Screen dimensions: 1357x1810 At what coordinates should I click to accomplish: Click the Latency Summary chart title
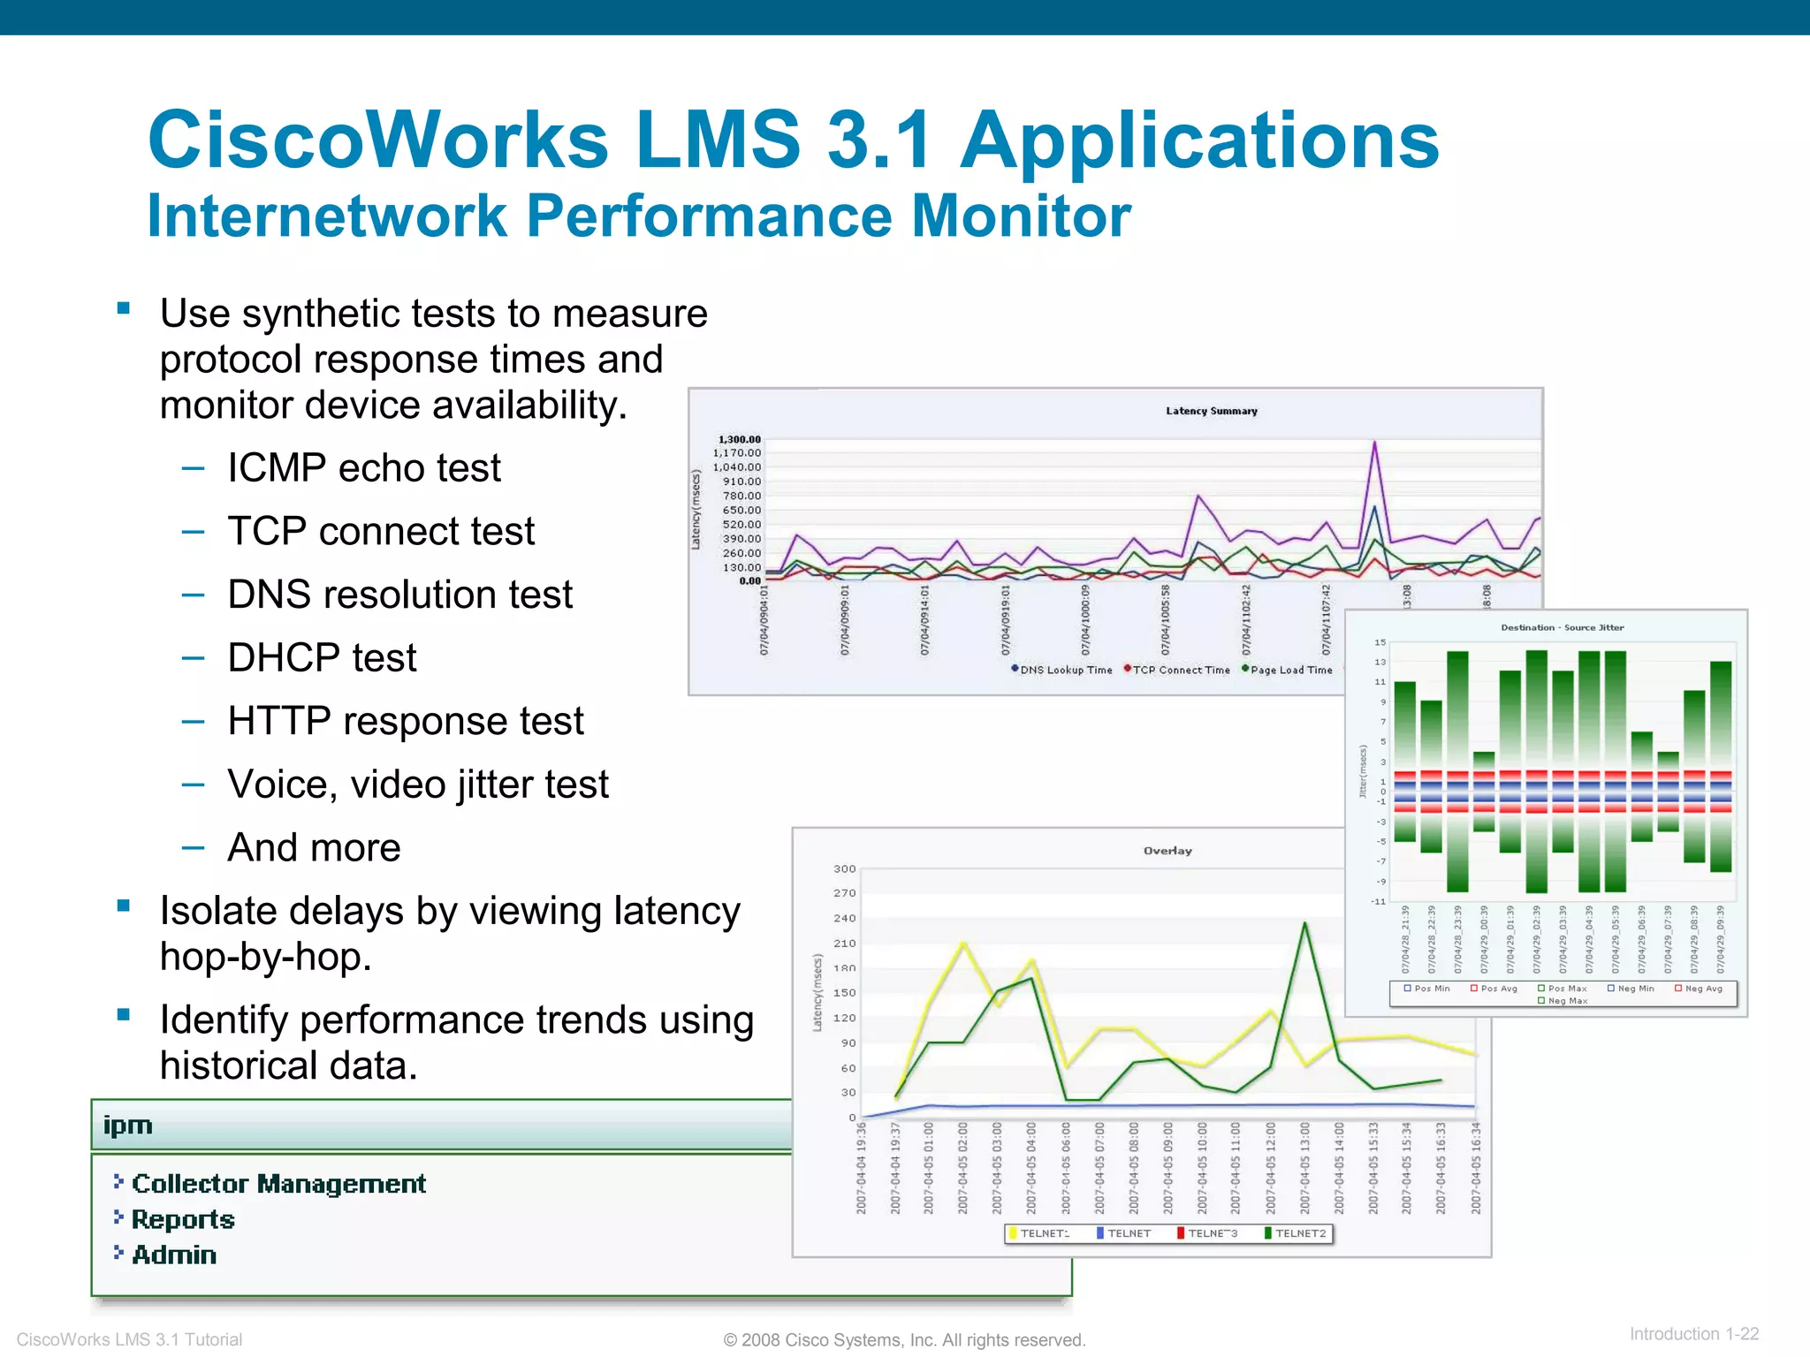click(1211, 411)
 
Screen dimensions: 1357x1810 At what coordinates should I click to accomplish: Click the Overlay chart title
click(1167, 851)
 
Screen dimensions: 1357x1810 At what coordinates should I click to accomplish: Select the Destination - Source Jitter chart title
click(1562, 627)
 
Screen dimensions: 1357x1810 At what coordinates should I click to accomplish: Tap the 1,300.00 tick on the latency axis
click(739, 439)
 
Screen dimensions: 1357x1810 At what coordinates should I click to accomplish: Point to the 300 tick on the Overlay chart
click(844, 868)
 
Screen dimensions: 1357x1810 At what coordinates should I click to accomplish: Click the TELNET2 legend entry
click(1299, 1233)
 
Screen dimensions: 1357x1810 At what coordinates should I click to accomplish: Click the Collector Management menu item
click(278, 1184)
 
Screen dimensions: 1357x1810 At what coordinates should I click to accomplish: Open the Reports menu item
click(183, 1220)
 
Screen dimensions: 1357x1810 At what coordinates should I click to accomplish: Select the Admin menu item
click(174, 1255)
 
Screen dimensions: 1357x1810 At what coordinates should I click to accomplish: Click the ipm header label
click(128, 1126)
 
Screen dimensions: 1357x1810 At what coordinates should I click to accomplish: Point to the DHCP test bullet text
click(322, 658)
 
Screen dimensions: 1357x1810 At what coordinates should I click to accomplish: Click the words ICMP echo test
click(363, 468)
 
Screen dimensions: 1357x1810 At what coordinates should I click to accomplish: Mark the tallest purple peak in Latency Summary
click(1374, 443)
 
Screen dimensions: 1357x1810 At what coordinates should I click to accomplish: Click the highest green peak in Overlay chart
click(1304, 924)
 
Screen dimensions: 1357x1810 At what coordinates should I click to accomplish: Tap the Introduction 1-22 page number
click(1693, 1334)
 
